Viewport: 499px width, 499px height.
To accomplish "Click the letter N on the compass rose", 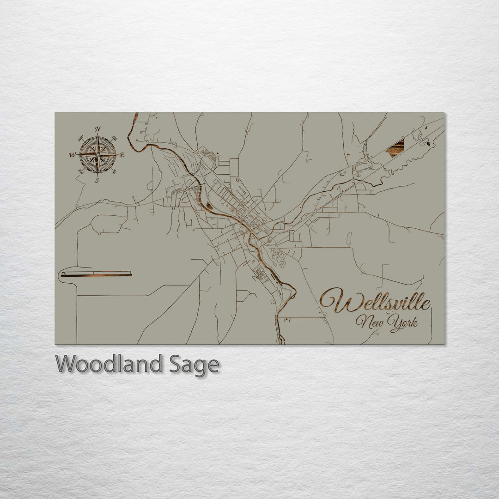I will pos(97,129).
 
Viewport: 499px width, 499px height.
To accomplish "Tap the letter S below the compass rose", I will pos(97,181).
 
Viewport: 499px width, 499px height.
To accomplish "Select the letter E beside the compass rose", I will pos(122,155).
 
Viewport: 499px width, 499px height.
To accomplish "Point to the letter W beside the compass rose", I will pos(72,155).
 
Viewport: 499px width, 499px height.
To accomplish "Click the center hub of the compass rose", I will pos(97,155).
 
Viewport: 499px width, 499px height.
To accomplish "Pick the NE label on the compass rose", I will pos(115,138).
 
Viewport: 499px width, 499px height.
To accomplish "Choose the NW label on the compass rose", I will pos(80,138).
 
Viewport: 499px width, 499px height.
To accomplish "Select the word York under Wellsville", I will pos(403,323).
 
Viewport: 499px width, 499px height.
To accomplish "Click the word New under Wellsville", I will pos(371,322).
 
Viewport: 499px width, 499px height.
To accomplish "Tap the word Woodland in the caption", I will pos(109,364).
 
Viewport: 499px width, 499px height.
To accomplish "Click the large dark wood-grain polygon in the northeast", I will pos(396,148).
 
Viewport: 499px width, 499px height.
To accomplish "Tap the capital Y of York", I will pos(394,321).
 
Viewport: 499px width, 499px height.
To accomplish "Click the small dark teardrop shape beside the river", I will pos(209,206).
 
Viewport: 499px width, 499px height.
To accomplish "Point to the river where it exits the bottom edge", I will pos(282,342).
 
